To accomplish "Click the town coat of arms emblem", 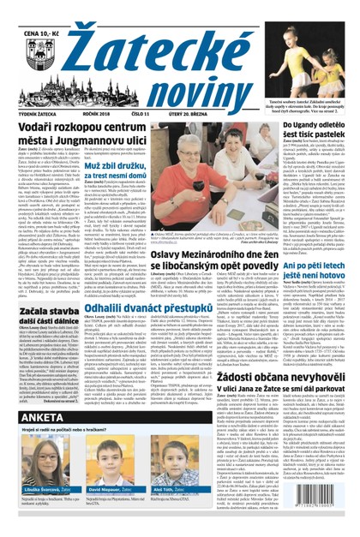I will (33, 42).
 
